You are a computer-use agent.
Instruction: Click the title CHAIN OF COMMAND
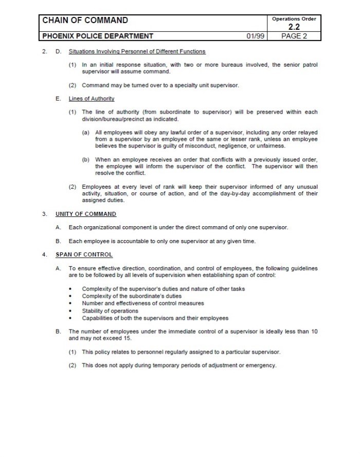point(85,21)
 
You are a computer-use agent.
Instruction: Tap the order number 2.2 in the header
point(294,27)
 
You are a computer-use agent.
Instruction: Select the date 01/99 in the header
point(255,36)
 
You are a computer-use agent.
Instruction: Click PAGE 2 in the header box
point(294,36)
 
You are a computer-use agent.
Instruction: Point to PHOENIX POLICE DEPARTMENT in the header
point(98,36)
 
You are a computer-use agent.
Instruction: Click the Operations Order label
point(294,19)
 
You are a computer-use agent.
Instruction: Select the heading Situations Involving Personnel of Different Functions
point(137,51)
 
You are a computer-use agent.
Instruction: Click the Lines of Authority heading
point(92,98)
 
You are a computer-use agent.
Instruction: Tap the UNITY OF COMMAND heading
point(86,214)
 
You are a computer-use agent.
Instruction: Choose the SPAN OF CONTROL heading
point(84,254)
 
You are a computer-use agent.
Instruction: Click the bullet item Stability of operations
point(110,311)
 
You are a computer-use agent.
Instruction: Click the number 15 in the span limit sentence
point(128,339)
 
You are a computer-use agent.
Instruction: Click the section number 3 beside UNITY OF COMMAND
point(45,214)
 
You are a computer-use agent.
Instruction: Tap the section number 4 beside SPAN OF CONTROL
point(45,254)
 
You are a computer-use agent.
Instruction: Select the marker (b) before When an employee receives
point(86,159)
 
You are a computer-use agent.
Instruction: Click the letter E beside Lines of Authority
point(58,98)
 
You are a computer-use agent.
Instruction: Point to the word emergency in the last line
point(262,365)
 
